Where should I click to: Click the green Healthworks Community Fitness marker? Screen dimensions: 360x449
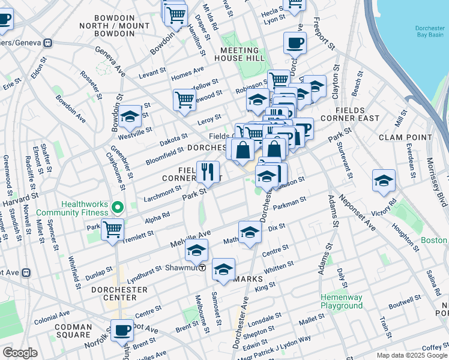pos(119,208)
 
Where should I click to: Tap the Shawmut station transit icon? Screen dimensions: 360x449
pos(203,268)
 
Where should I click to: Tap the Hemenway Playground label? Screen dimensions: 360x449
pos(341,301)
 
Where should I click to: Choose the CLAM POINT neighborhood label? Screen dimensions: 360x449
pos(406,137)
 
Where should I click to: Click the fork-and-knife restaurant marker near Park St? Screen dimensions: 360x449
pos(208,172)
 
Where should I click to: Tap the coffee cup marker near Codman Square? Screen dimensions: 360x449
pos(122,330)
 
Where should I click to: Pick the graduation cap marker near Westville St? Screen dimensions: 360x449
pos(130,118)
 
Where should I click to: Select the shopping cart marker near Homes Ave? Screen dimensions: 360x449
pos(184,99)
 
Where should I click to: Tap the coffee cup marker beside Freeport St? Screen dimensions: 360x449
pos(295,43)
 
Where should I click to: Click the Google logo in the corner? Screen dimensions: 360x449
pos(20,353)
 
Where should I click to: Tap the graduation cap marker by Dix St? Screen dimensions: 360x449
pos(250,232)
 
